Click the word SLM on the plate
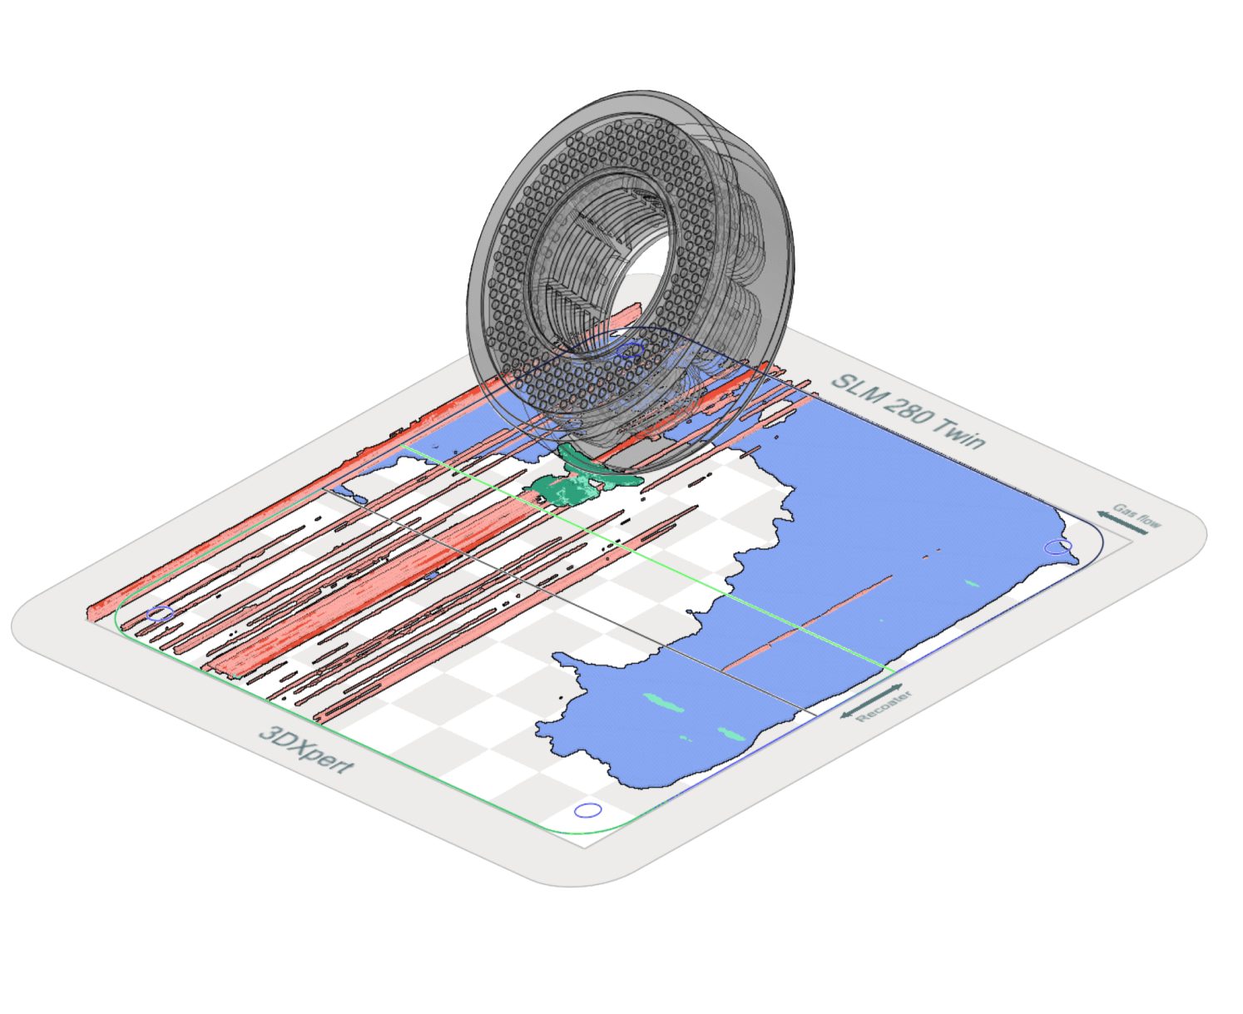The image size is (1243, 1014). click(854, 391)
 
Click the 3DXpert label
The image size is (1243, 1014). click(306, 750)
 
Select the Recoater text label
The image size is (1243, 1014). click(884, 706)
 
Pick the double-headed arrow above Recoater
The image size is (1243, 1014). click(871, 700)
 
